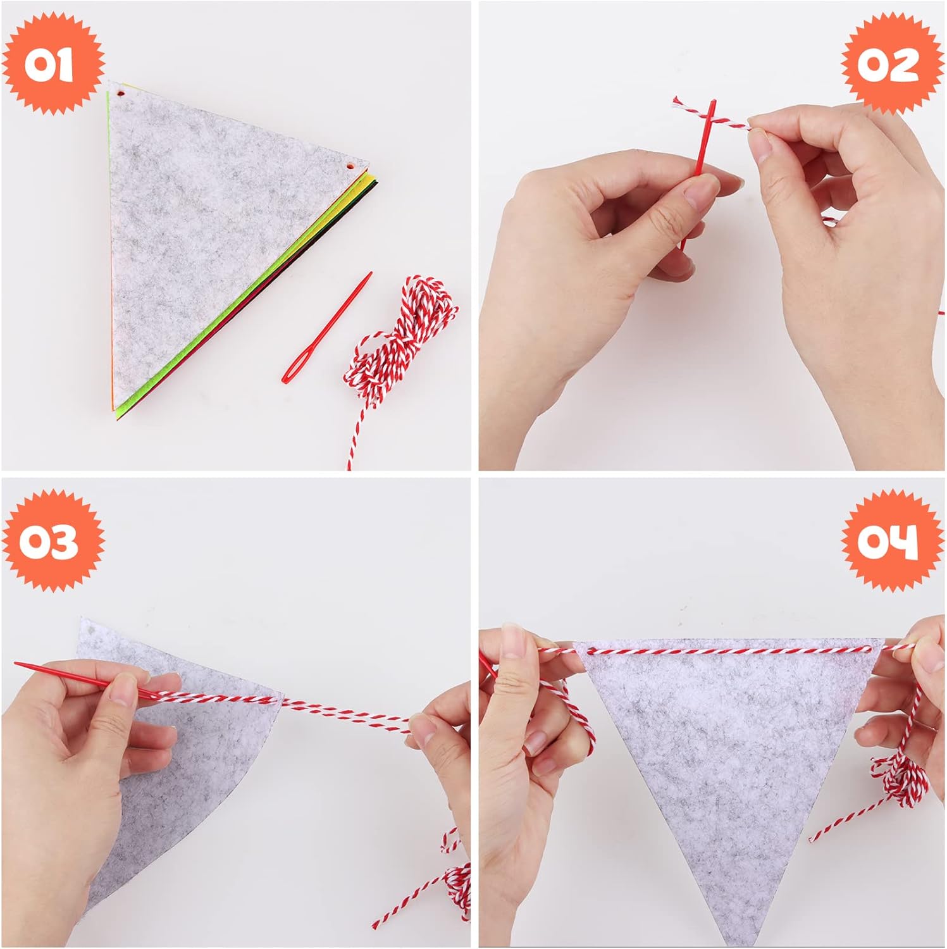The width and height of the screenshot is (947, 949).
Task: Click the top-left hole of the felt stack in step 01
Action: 120,94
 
